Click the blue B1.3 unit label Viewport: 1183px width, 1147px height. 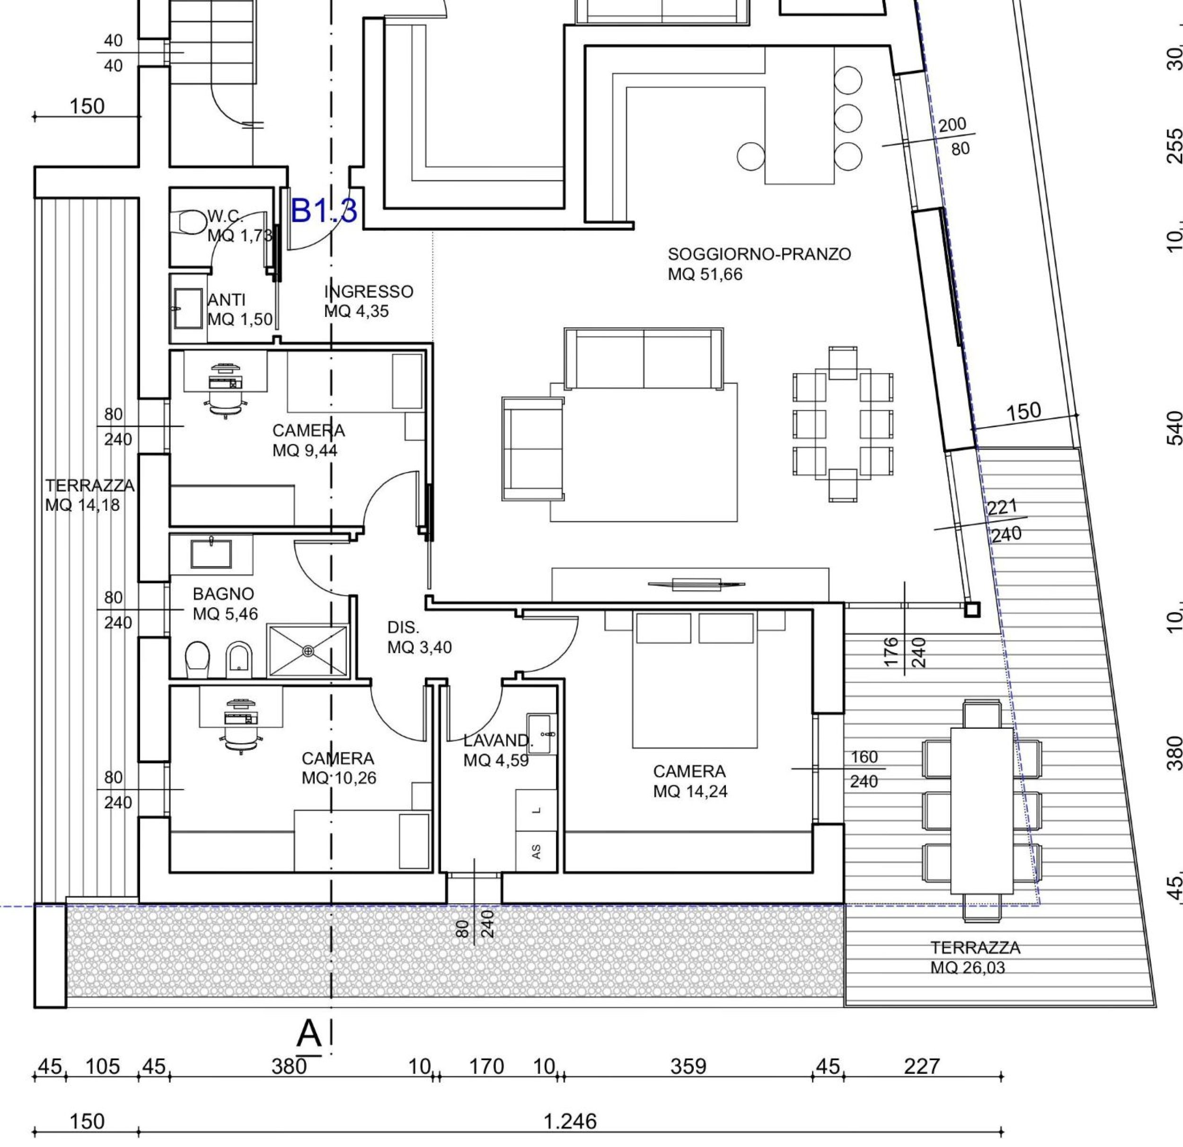(324, 211)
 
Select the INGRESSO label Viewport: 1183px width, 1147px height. (369, 292)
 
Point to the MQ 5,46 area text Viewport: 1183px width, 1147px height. (225, 614)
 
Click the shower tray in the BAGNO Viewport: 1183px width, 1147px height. (309, 650)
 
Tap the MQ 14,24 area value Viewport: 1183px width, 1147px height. (690, 791)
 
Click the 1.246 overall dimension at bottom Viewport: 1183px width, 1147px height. (570, 1121)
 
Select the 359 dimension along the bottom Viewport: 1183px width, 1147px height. (688, 1066)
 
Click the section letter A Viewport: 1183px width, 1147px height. (309, 1033)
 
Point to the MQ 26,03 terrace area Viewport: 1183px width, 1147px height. (968, 968)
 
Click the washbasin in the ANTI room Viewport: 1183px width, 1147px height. (188, 308)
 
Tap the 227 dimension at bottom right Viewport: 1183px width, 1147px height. (922, 1066)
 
